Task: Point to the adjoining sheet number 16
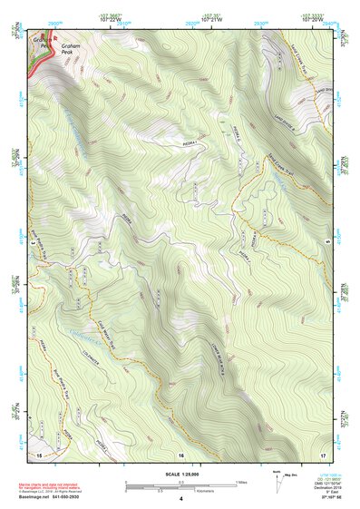[x=180, y=453]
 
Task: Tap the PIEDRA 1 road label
[x=188, y=143]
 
